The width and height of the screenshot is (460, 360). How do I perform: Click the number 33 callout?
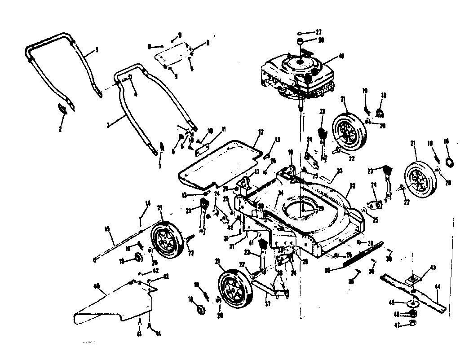point(340,170)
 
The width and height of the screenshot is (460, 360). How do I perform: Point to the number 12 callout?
point(260,132)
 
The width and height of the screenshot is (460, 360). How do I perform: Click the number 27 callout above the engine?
point(318,32)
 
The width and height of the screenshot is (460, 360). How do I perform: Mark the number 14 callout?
point(146,203)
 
